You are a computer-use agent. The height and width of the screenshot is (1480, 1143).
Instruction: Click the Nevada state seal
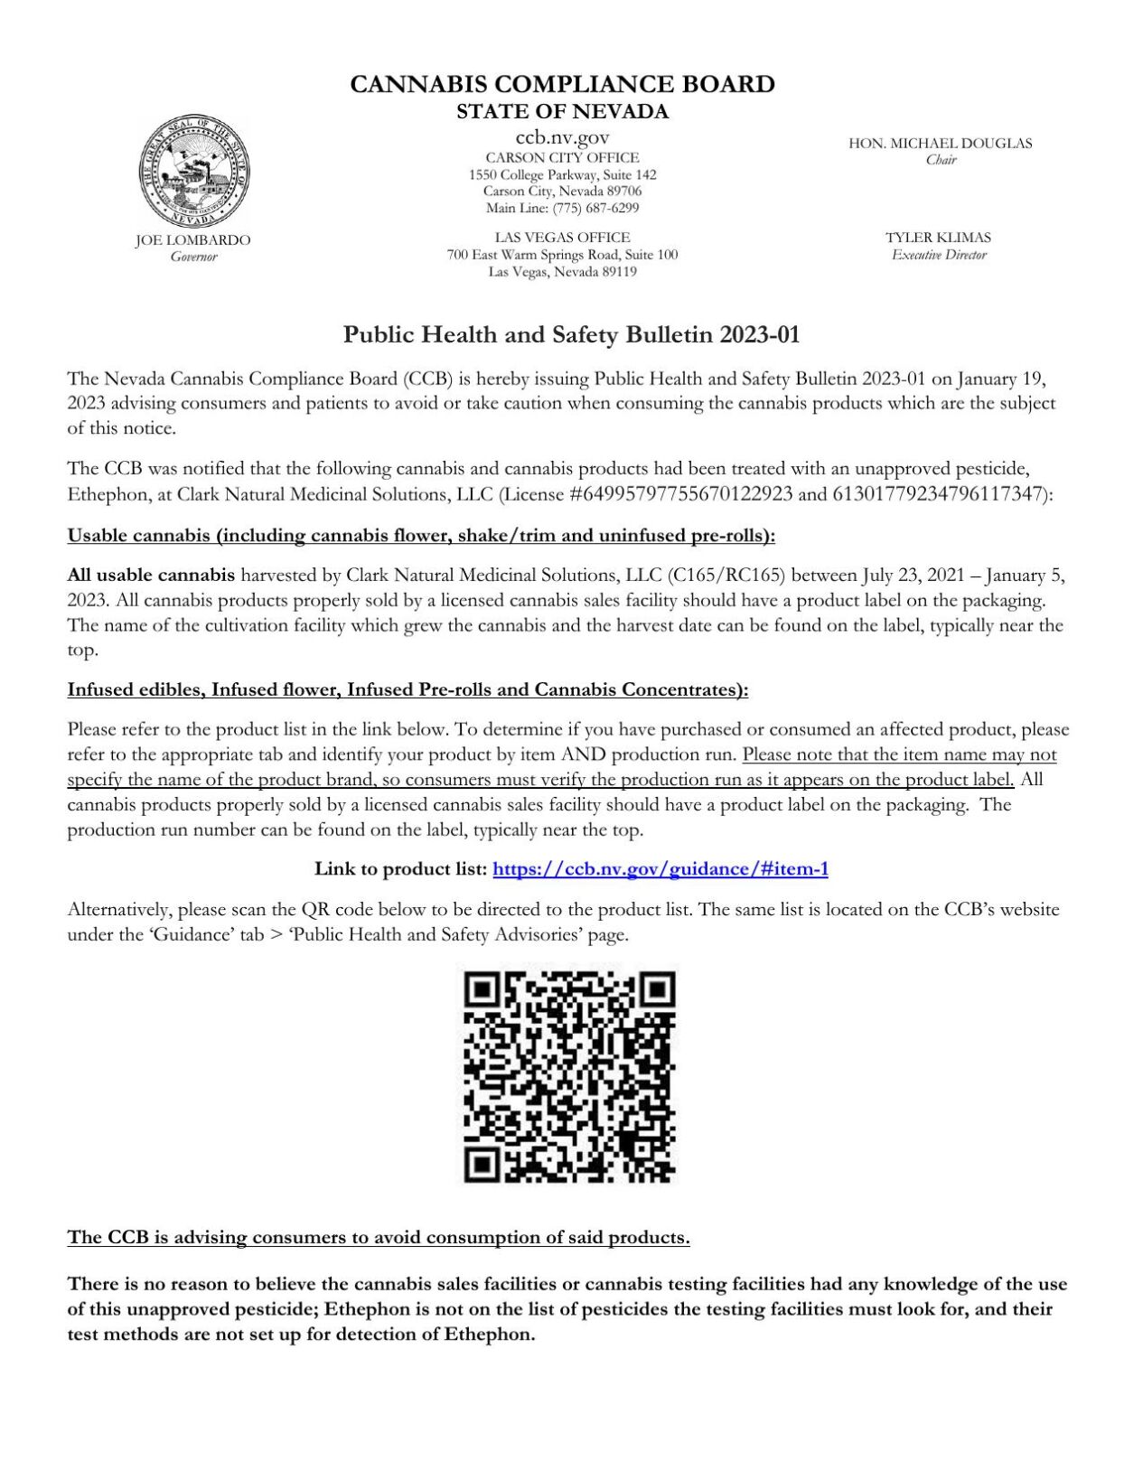click(x=193, y=172)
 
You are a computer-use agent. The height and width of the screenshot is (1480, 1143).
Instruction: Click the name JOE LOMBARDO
click(x=193, y=240)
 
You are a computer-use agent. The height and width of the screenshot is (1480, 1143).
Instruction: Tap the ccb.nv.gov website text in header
click(x=562, y=137)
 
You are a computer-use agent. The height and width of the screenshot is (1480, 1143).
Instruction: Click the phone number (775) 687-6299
click(x=595, y=208)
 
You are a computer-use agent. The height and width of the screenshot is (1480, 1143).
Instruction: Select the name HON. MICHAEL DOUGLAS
click(x=940, y=143)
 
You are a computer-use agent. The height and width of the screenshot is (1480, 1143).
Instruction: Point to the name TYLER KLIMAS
click(x=938, y=238)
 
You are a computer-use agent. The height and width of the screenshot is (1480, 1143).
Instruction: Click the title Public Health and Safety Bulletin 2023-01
click(x=571, y=335)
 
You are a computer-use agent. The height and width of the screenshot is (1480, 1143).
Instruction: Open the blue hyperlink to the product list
click(x=661, y=869)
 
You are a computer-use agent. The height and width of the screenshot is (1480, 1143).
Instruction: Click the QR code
click(x=569, y=1076)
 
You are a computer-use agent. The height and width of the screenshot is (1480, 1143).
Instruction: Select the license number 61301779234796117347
click(x=939, y=494)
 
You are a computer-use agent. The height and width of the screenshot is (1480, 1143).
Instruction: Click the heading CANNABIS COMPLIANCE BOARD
click(x=562, y=84)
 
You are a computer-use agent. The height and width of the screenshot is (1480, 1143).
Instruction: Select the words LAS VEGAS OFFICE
click(x=562, y=238)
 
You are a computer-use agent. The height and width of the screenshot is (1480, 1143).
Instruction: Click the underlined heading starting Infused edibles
click(x=408, y=690)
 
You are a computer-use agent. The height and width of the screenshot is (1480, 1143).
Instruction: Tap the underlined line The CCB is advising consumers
click(x=379, y=1238)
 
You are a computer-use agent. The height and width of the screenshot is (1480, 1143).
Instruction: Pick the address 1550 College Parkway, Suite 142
click(x=562, y=175)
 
